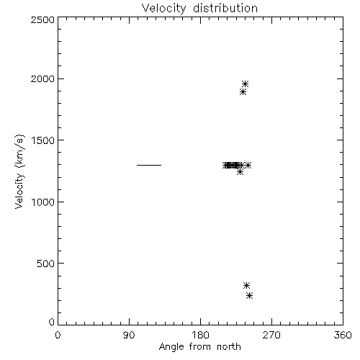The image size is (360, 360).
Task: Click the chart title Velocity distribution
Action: pos(199,8)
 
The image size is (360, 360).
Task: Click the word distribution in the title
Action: pos(225,8)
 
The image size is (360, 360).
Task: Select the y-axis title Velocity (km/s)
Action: pos(19,171)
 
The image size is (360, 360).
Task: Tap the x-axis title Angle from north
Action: pos(200,346)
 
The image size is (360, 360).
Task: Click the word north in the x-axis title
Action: pos(229,346)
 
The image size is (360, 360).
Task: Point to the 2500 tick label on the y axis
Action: pos(42,19)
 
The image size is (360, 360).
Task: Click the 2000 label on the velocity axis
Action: pos(42,78)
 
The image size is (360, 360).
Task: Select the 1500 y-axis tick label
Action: pos(43,140)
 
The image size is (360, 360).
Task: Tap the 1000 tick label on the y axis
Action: pos(43,202)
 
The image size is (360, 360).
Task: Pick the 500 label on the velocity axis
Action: pos(46,264)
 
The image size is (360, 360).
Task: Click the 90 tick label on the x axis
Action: pos(129,335)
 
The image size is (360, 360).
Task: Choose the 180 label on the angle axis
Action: pos(200,335)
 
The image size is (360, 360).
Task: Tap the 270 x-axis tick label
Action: pos(271,335)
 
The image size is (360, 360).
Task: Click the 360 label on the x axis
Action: pos(343,335)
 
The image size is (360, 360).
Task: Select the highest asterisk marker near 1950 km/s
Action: pos(245,84)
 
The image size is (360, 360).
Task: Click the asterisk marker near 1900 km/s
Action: pos(243,91)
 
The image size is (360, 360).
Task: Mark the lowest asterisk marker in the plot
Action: pos(250,295)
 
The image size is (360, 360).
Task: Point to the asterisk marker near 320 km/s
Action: pos(246,285)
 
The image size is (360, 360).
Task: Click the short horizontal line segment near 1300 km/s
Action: pos(149,165)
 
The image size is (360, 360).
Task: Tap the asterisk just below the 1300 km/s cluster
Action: pos(240,172)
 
